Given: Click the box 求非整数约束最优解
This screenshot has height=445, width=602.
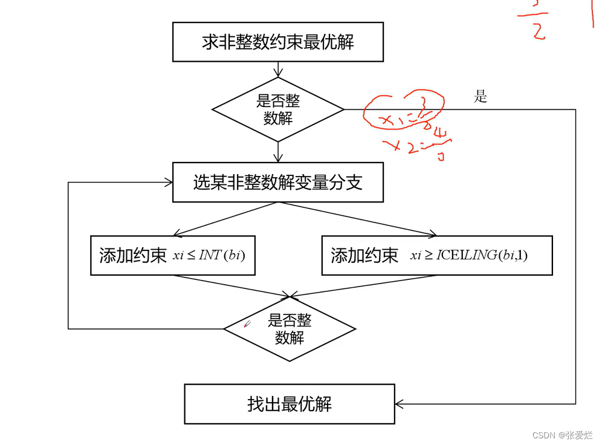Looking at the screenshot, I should click(x=277, y=42).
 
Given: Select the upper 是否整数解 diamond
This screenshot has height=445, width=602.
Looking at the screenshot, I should click(x=277, y=109).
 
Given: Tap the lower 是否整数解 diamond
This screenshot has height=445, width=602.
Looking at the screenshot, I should click(x=290, y=329).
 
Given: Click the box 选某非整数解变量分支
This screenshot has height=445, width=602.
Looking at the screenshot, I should click(x=277, y=182).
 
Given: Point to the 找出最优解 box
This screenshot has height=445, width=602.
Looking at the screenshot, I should click(x=289, y=404).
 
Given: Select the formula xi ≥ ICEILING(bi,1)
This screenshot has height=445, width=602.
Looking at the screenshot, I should click(x=469, y=255).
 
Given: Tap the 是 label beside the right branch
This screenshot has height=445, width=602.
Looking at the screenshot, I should click(x=481, y=97).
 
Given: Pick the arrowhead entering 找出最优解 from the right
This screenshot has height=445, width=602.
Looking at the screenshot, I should click(x=400, y=404).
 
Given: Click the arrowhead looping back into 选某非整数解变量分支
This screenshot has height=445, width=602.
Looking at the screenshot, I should click(x=168, y=182).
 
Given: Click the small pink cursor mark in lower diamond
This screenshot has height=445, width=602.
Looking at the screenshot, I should click(x=247, y=325).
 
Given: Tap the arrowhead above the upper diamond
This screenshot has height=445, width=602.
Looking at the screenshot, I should click(x=277, y=73).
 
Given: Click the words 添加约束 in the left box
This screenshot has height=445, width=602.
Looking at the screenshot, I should click(x=132, y=255).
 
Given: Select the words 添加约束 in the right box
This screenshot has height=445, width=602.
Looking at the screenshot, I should click(x=364, y=255).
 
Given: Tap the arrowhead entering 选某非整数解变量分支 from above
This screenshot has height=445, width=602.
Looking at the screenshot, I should click(x=277, y=158).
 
